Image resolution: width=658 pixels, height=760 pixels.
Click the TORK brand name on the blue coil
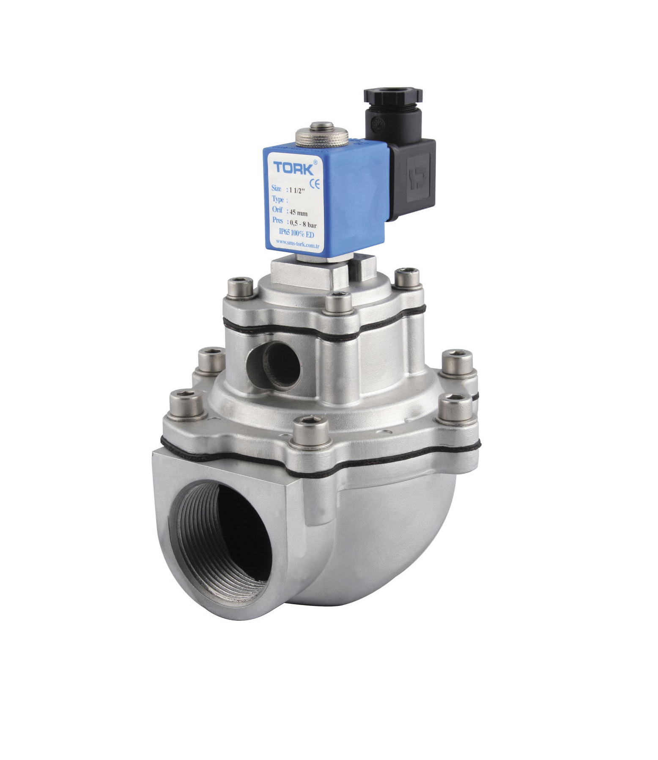pos(293,168)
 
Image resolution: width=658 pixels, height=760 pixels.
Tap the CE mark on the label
pos(315,184)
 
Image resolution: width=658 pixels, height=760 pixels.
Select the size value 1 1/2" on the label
pos(297,190)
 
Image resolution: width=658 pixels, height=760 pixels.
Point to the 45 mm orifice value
pos(299,212)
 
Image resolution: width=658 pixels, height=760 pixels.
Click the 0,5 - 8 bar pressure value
pos(303,223)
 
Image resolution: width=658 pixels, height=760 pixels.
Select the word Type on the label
pos(278,199)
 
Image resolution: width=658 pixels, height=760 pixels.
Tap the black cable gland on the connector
pos(393,101)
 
